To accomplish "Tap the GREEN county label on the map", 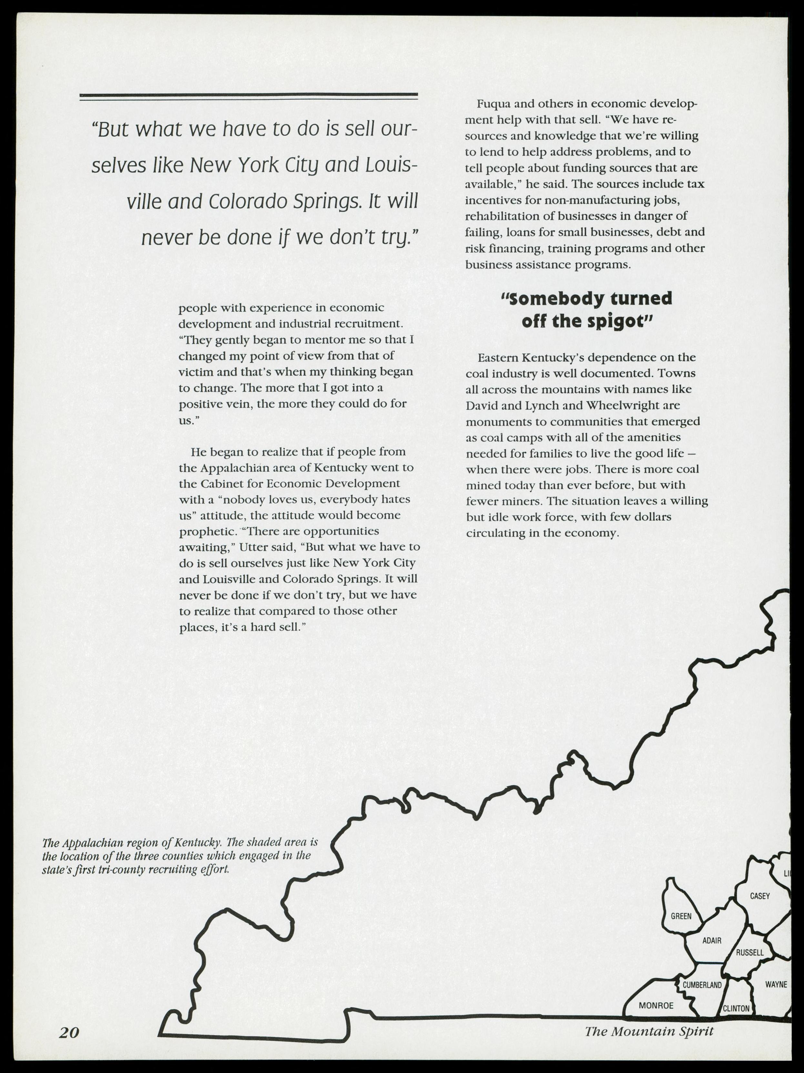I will (x=681, y=916).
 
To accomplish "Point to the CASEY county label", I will (x=760, y=896).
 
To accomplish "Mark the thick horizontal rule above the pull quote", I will (x=248, y=95).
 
